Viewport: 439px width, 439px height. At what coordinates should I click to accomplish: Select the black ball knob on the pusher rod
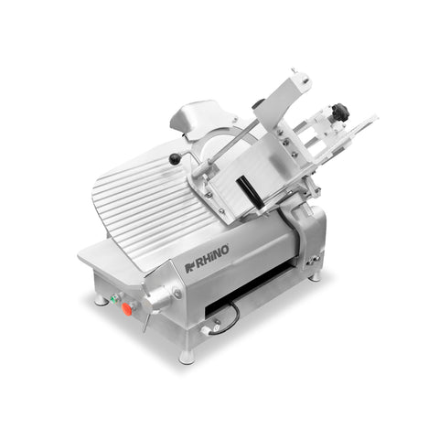click(x=174, y=159)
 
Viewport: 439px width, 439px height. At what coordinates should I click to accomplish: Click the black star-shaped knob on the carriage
click(x=339, y=112)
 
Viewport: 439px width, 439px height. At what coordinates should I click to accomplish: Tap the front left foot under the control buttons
click(x=101, y=300)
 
